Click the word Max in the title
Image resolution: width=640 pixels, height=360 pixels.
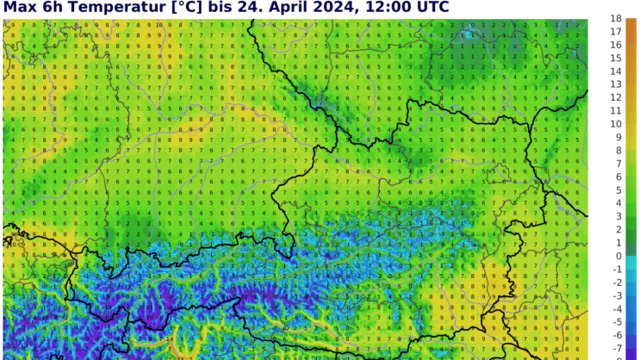tap(19, 7)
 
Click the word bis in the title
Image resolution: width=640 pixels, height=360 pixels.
tap(221, 7)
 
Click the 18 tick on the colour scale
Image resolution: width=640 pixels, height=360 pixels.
tap(616, 18)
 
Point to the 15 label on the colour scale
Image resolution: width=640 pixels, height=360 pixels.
tap(616, 58)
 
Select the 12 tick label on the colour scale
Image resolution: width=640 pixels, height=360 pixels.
tap(616, 97)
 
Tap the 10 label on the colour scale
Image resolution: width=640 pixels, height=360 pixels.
tap(616, 124)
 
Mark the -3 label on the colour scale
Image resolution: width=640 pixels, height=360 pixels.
tap(616, 295)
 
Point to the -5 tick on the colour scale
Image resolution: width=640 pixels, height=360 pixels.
tap(616, 322)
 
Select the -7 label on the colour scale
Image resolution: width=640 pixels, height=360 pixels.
tap(616, 348)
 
